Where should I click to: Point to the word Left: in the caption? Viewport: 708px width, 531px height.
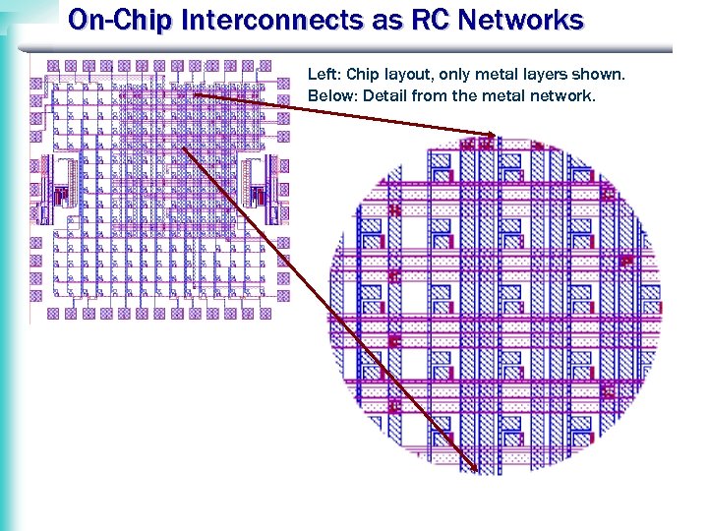(x=324, y=74)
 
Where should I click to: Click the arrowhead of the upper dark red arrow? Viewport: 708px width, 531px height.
(x=490, y=134)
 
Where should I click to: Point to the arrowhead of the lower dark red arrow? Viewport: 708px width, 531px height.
(x=473, y=465)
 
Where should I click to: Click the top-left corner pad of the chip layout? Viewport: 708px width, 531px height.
(x=53, y=66)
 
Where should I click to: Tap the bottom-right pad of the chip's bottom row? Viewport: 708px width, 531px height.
(x=265, y=313)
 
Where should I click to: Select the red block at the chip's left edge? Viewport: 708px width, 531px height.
(x=59, y=196)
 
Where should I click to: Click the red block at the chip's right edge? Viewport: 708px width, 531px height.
(x=260, y=196)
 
